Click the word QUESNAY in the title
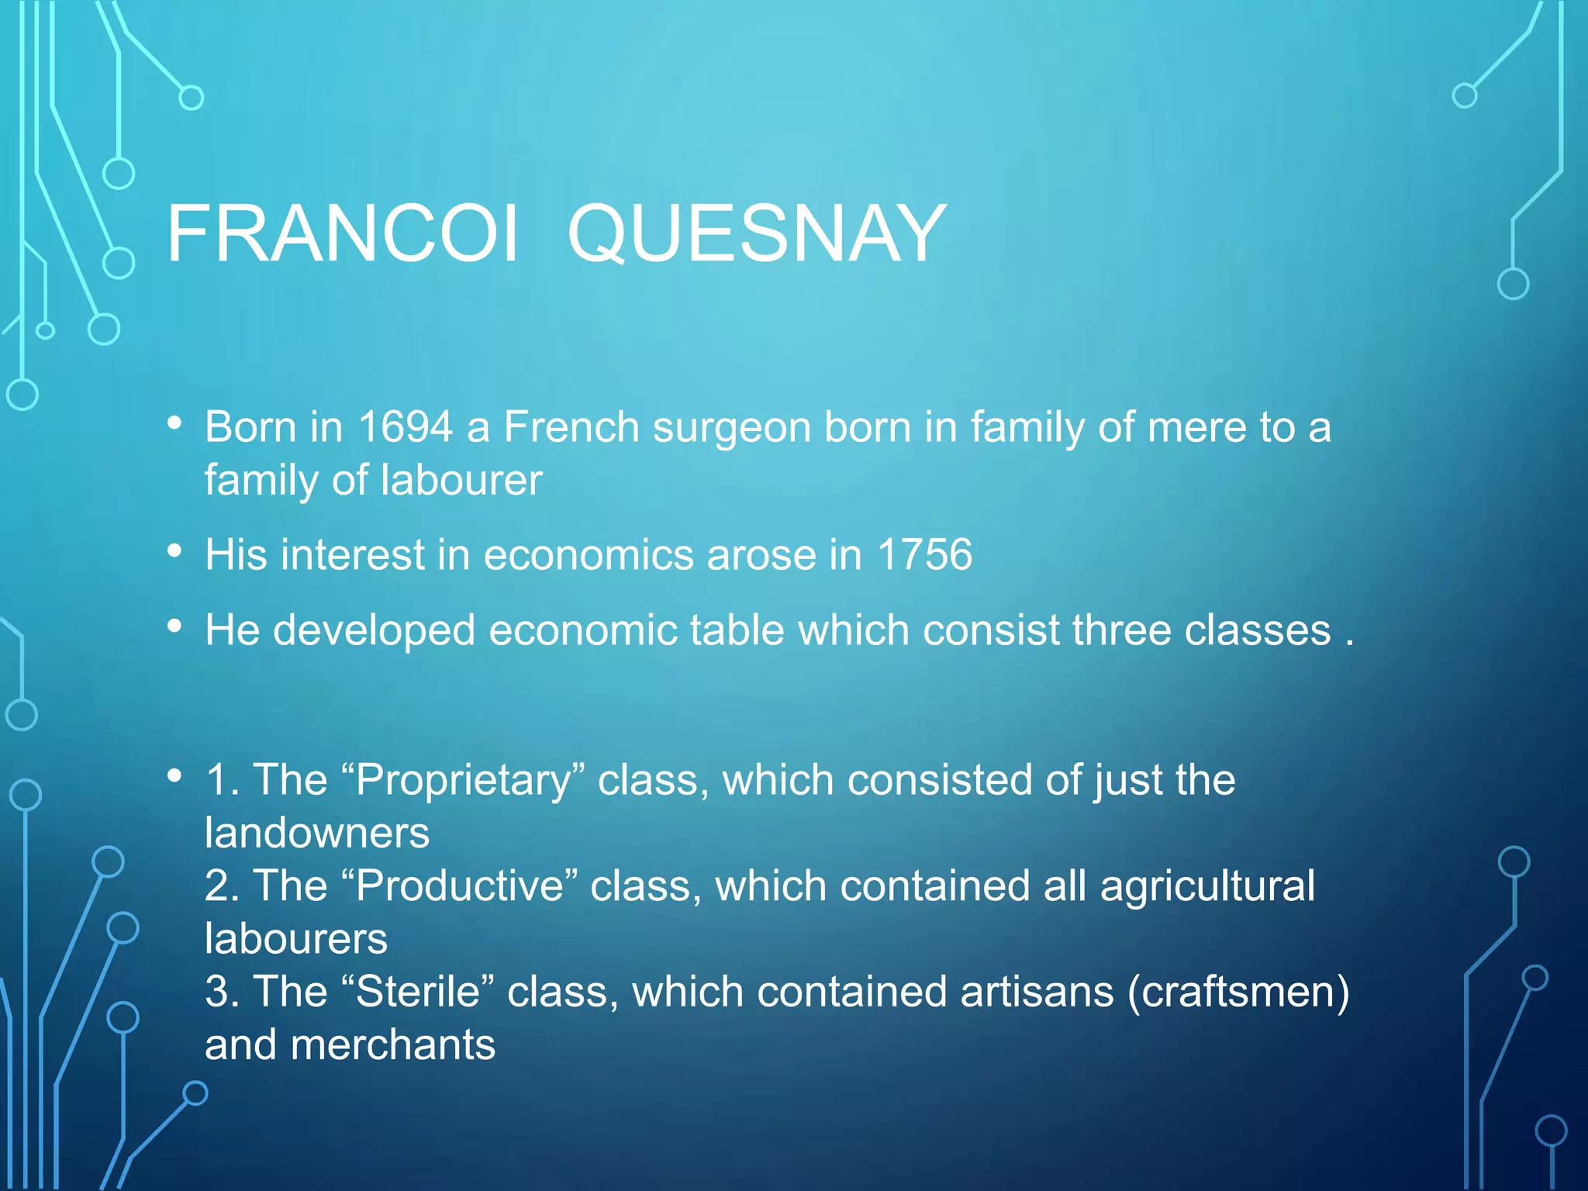[757, 233]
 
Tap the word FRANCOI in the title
[342, 233]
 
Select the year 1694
[405, 427]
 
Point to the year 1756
[924, 555]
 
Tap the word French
[571, 427]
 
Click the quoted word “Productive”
[459, 885]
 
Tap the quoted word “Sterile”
[417, 992]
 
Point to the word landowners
[317, 833]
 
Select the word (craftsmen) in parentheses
[1238, 992]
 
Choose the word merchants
[392, 1044]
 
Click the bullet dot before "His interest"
[175, 551]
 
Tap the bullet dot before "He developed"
[175, 626]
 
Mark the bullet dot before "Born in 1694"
[175, 423]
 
